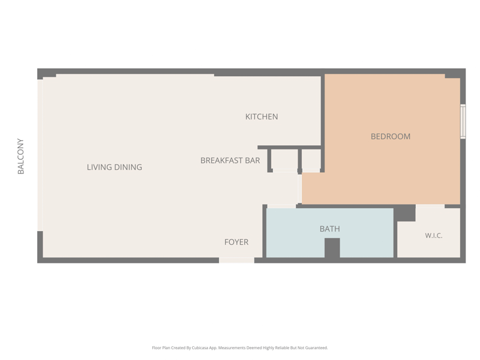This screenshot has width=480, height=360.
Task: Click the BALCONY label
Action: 20,156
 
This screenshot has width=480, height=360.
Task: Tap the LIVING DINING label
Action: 115,167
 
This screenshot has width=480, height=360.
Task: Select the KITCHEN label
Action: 262,116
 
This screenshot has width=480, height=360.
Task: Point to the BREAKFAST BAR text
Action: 230,160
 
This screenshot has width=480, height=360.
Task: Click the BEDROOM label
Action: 391,137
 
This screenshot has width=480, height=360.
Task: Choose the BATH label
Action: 329,229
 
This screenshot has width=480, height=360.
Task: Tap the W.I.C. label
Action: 434,236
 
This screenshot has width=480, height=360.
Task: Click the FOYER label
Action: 236,242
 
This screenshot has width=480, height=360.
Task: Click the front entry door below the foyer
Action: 236,260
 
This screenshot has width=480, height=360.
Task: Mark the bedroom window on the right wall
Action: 463,122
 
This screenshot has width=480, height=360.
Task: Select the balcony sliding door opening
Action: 40,155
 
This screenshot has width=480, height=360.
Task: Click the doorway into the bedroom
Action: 299,189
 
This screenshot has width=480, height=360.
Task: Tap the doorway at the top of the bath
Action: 281,206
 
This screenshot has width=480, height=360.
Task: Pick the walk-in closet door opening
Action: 430,206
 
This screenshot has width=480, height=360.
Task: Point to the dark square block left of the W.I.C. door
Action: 404,213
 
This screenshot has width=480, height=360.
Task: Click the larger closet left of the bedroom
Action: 284,160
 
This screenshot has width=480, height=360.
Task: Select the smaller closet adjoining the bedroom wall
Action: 311,160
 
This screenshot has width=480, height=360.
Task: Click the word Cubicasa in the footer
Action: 200,348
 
